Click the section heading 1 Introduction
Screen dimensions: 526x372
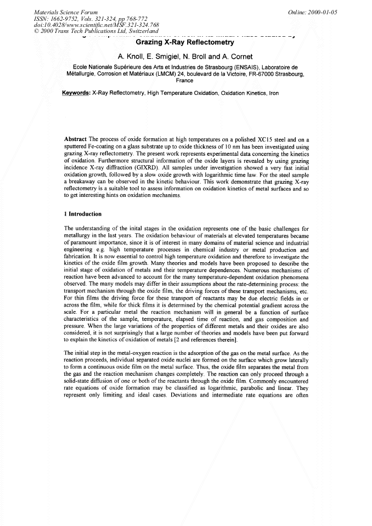pos(83,214)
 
